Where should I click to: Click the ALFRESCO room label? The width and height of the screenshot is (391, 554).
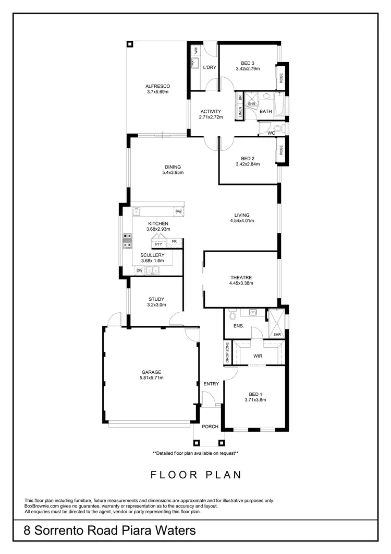pyautogui.click(x=157, y=86)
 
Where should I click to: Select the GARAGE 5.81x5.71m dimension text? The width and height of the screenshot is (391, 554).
pyautogui.click(x=150, y=378)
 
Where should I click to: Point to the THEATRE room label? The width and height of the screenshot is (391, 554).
pyautogui.click(x=241, y=278)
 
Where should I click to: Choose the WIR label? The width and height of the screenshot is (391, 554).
pyautogui.click(x=258, y=356)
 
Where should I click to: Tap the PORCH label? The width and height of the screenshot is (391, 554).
pyautogui.click(x=210, y=427)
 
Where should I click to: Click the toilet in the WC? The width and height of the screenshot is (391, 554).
pyautogui.click(x=277, y=128)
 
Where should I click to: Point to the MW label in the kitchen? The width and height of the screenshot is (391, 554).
pyautogui.click(x=178, y=211)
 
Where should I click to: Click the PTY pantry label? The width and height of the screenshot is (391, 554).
pyautogui.click(x=158, y=244)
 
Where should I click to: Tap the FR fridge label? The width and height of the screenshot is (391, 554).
pyautogui.click(x=174, y=241)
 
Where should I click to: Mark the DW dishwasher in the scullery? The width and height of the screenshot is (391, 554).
pyautogui.click(x=139, y=270)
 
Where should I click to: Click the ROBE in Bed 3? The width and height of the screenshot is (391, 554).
pyautogui.click(x=282, y=78)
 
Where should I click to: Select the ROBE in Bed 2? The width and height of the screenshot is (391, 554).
pyautogui.click(x=282, y=150)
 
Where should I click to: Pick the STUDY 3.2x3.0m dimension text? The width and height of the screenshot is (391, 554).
pyautogui.click(x=156, y=305)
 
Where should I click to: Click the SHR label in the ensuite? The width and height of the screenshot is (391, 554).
pyautogui.click(x=277, y=335)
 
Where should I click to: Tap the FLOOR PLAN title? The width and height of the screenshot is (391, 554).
pyautogui.click(x=195, y=475)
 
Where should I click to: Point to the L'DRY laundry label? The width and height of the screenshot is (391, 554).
pyautogui.click(x=210, y=67)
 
